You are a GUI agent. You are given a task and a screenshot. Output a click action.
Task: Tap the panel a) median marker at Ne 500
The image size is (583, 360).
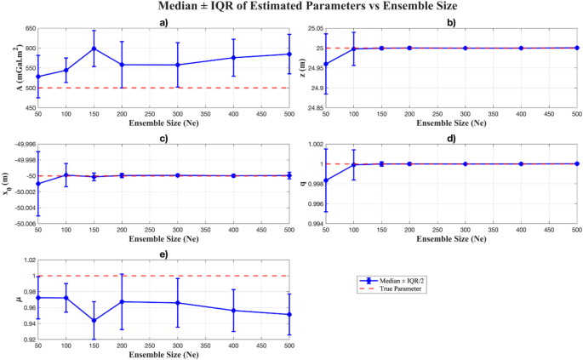coord(289,54)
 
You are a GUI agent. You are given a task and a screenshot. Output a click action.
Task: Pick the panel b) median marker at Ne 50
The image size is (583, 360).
coord(325,64)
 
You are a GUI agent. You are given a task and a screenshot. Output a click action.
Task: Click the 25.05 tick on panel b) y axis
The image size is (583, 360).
coord(312,28)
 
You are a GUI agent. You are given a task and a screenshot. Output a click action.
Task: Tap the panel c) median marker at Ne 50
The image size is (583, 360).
coord(37,183)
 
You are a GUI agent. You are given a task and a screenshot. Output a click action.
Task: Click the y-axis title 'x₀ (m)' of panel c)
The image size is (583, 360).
coord(8,183)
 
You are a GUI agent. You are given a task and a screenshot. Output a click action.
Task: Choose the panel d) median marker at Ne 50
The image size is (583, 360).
coord(325,180)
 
